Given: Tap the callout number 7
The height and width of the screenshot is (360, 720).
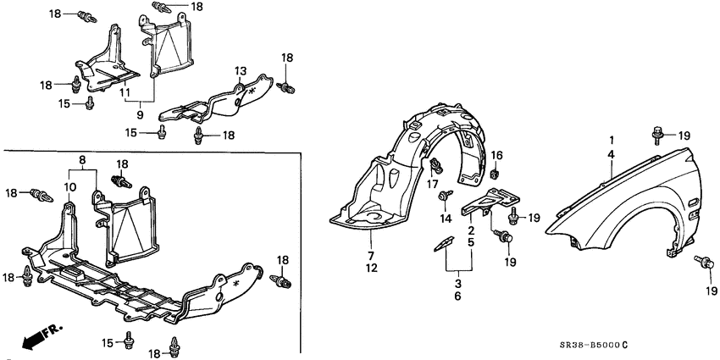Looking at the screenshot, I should coord(369,255).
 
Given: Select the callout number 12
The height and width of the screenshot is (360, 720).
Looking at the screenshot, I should coord(369,269).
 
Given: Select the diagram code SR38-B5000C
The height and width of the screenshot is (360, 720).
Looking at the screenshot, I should coord(592,344).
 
